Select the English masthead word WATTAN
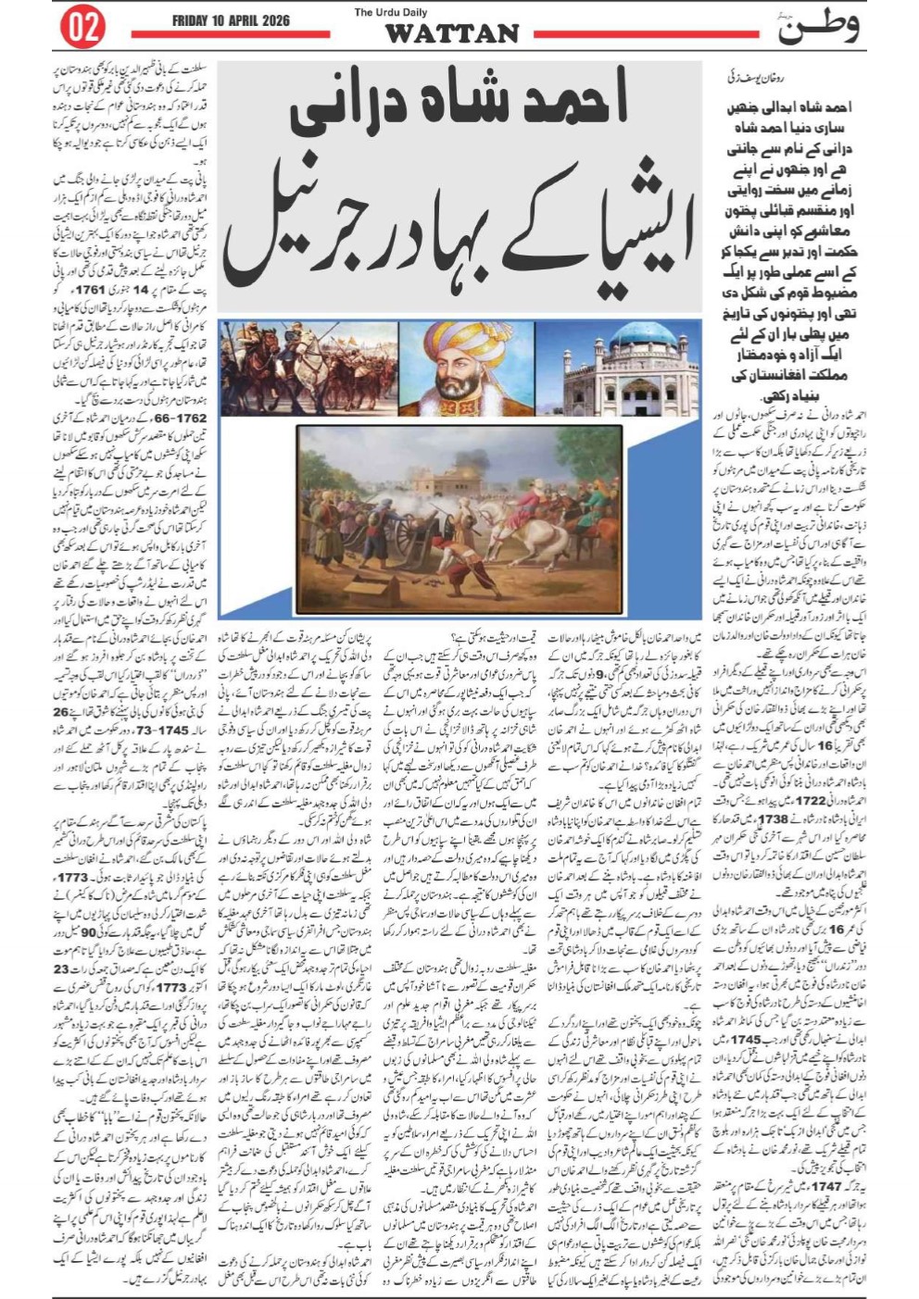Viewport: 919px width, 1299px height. click(x=451, y=34)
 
